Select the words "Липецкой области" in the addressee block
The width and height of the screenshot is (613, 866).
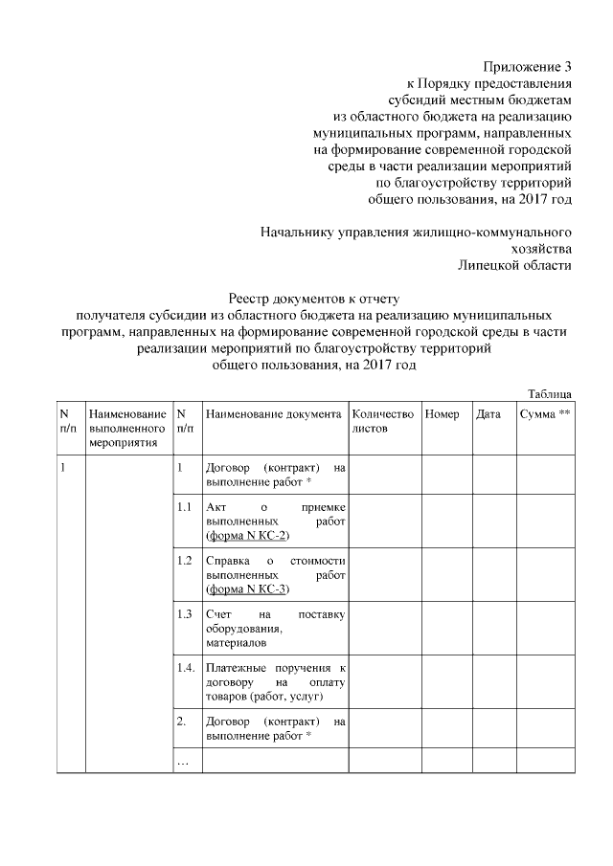click(x=515, y=265)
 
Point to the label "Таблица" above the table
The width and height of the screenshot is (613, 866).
click(x=551, y=393)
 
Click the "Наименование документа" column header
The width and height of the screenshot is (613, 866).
click(x=273, y=414)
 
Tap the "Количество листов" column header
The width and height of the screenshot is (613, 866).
click(x=383, y=422)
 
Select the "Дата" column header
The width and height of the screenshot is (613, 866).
click(x=488, y=414)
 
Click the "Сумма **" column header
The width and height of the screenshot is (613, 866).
click(x=545, y=414)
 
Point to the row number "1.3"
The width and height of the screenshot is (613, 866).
click(x=186, y=613)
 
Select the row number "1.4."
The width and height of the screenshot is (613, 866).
click(x=187, y=667)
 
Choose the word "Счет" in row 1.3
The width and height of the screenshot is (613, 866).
click(x=219, y=613)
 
